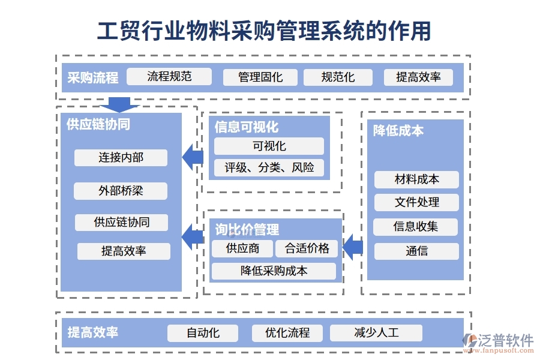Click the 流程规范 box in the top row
point(170,76)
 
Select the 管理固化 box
point(260,77)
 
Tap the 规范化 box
point(338,77)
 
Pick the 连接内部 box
point(121,158)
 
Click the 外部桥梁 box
point(121,191)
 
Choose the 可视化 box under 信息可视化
point(269,146)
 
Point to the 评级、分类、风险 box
point(269,167)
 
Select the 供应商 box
point(242,248)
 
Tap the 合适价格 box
point(307,248)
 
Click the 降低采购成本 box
point(274,271)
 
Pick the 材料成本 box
point(416,179)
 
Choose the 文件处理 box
point(416,202)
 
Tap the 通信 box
point(416,251)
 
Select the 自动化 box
point(203,333)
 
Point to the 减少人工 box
point(376,333)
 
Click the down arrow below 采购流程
point(119,104)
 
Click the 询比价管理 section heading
point(247,230)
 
